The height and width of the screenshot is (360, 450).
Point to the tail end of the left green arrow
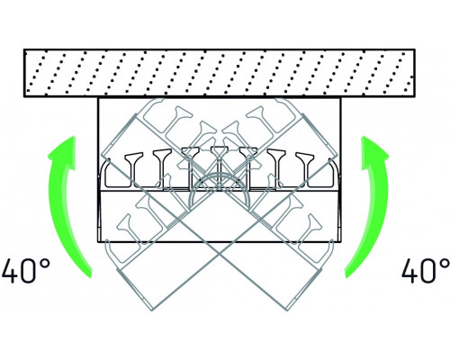point(87,273)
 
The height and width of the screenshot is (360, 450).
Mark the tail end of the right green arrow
point(350,273)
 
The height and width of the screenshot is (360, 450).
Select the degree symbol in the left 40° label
point(44,265)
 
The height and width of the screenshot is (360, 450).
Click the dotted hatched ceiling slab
point(220,73)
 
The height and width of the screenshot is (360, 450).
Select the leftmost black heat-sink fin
point(133,168)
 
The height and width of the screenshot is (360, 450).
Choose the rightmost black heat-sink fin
point(305,168)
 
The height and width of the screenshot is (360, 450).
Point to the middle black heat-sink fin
point(220,168)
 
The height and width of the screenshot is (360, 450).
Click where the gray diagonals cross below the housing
point(220,255)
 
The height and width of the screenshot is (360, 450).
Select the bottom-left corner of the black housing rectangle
point(98,242)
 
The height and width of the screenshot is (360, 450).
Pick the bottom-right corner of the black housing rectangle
point(341,242)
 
